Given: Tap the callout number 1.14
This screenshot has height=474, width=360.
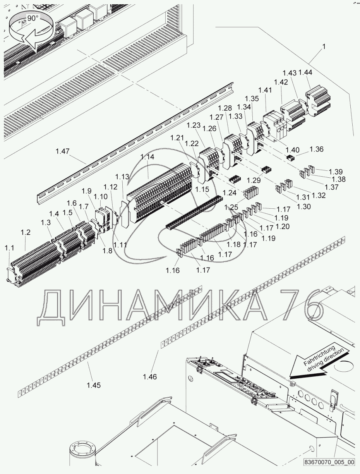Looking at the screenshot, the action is click(147, 157).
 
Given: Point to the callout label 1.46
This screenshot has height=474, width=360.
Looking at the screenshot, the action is click(150, 376).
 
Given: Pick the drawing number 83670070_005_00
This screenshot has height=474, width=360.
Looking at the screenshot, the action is click(329, 462).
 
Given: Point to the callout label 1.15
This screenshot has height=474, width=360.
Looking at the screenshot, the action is click(202, 189).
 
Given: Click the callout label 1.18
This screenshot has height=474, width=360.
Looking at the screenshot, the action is click(234, 245).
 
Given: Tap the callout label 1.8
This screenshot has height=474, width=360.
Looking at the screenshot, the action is click(108, 251).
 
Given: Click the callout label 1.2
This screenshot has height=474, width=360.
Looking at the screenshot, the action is click(25, 232).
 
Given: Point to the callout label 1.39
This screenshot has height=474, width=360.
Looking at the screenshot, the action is click(336, 172).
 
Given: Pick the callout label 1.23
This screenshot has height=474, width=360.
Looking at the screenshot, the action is click(193, 125).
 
